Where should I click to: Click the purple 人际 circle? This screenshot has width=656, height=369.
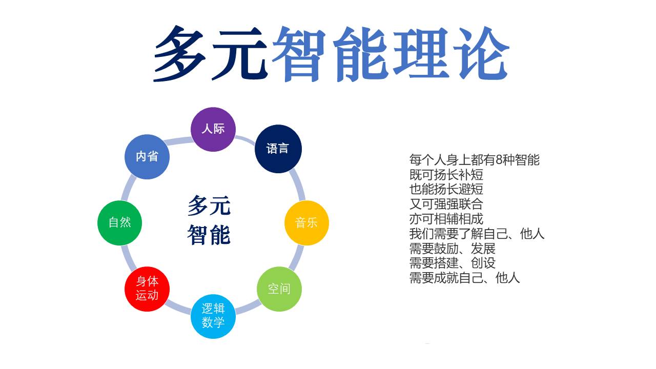pyautogui.click(x=213, y=129)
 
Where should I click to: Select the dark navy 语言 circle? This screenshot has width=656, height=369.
pyautogui.click(x=278, y=149)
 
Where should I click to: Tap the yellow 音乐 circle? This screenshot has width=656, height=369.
pyautogui.click(x=306, y=223)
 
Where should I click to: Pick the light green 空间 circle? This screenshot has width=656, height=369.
pyautogui.click(x=279, y=289)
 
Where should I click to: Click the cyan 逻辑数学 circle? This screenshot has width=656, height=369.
pyautogui.click(x=213, y=316)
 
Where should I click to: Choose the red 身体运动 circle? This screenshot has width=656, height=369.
pyautogui.click(x=147, y=289)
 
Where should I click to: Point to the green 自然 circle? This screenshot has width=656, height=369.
pyautogui.click(x=119, y=223)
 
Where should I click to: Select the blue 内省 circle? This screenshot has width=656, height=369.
pyautogui.click(x=147, y=157)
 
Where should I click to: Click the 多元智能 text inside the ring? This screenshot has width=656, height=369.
pyautogui.click(x=209, y=220)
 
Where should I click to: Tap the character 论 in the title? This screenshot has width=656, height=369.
pyautogui.click(x=481, y=53)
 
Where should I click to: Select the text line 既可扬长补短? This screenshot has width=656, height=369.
pyautogui.click(x=446, y=175)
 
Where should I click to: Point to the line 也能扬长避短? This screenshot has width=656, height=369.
pyautogui.click(x=446, y=189)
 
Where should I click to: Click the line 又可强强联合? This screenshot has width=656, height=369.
pyautogui.click(x=446, y=204)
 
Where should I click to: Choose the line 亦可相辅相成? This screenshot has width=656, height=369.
pyautogui.click(x=446, y=219)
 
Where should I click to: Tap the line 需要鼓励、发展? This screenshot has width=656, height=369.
pyautogui.click(x=452, y=249)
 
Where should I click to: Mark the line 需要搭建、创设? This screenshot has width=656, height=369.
pyautogui.click(x=452, y=263)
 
